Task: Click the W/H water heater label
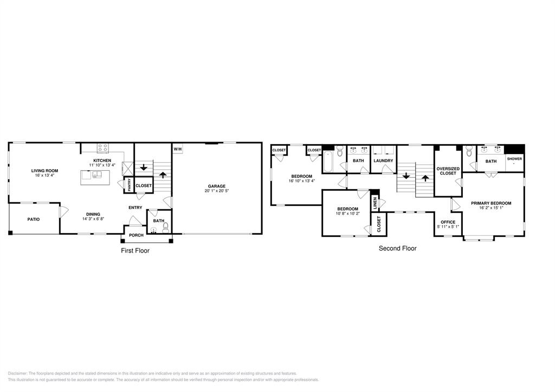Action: pyautogui.click(x=177, y=149)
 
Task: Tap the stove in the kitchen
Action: pyautogui.click(x=102, y=147)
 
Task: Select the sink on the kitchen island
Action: pyautogui.click(x=96, y=175)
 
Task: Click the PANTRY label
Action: pyautogui.click(x=129, y=185)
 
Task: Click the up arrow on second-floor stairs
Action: pyautogui.click(x=425, y=177)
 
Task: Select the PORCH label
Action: pyautogui.click(x=136, y=235)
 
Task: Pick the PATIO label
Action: pyautogui.click(x=34, y=219)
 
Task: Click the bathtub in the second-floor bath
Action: pyautogui.click(x=327, y=161)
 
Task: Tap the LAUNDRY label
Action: pyautogui.click(x=383, y=160)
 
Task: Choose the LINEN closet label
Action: pyautogui.click(x=375, y=203)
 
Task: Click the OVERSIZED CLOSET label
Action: pyautogui.click(x=448, y=171)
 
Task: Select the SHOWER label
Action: pyautogui.click(x=514, y=159)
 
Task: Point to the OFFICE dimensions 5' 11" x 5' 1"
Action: pyautogui.click(x=448, y=227)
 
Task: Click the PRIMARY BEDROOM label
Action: pyautogui.click(x=491, y=203)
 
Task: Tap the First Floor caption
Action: pyautogui.click(x=135, y=250)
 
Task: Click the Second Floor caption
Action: pyautogui.click(x=397, y=248)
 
